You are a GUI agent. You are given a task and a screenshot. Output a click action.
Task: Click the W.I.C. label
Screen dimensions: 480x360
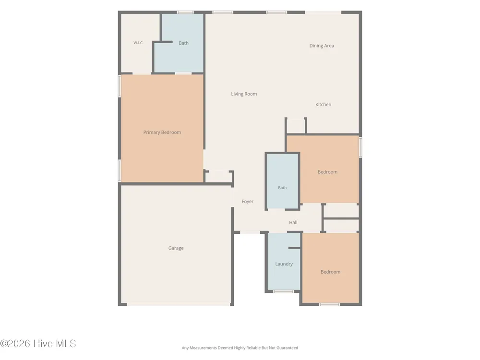138,43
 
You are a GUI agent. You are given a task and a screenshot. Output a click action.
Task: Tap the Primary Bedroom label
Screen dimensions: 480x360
162,132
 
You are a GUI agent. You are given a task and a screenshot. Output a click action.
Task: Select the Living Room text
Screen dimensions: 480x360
244,94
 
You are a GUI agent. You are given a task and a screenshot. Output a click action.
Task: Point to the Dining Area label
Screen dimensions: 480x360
322,46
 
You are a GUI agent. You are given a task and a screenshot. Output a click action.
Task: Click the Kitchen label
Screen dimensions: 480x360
323,104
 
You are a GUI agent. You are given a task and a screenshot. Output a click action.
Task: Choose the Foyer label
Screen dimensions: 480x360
247,202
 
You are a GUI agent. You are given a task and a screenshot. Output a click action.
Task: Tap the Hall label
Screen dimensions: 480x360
293,223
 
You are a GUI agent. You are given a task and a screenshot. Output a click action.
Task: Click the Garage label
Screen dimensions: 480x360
176,248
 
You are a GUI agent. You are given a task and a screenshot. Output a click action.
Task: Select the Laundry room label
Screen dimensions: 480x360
284,264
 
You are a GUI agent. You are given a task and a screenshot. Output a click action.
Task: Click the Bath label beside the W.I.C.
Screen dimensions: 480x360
183,43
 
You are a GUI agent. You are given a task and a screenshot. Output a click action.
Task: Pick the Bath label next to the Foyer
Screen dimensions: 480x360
282,188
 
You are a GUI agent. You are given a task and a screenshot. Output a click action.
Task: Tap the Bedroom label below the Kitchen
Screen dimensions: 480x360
327,172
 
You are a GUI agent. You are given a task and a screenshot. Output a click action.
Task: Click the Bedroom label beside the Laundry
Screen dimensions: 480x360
330,272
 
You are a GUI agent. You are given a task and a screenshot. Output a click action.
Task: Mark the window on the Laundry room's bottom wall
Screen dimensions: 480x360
284,291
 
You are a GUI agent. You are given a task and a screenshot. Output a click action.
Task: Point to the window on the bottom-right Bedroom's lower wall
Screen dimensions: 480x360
329,304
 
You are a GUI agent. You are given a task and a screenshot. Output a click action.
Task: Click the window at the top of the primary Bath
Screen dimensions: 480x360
185,12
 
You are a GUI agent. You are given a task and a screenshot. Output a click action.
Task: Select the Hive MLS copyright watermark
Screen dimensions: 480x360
38,344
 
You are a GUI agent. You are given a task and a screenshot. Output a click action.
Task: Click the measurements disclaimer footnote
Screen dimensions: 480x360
240,348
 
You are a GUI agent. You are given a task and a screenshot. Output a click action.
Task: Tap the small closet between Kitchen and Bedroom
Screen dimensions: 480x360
296,125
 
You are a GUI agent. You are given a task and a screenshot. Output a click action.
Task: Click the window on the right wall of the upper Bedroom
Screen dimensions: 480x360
360,147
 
